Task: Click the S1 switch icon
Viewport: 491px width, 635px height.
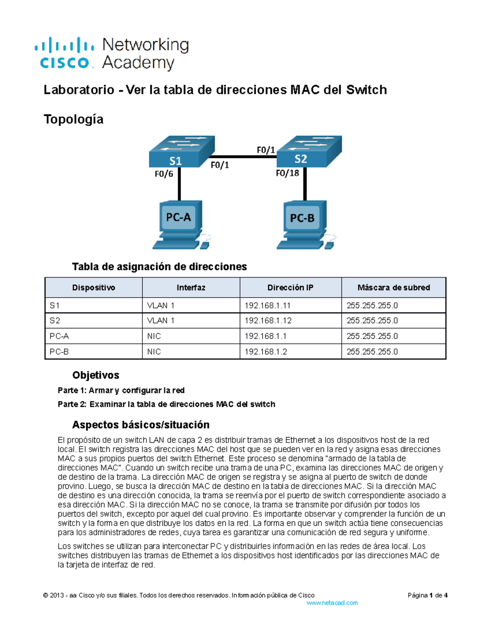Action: click(x=181, y=152)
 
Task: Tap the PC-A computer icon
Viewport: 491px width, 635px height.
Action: click(x=179, y=224)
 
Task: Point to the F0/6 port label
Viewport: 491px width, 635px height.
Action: click(x=164, y=174)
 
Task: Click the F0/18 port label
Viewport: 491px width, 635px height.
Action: click(x=287, y=173)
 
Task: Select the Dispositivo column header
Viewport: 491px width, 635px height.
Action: click(x=93, y=287)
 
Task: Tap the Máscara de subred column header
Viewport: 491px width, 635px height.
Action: click(x=393, y=287)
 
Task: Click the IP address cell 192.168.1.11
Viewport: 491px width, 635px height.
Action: click(x=267, y=305)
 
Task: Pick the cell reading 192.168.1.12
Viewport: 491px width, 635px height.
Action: click(x=268, y=321)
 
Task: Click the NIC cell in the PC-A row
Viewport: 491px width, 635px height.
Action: click(x=154, y=336)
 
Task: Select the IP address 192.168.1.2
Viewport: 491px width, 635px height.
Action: click(x=266, y=352)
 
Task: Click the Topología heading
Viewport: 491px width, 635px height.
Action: click(x=73, y=119)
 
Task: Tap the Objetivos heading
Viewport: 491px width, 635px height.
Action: click(x=96, y=375)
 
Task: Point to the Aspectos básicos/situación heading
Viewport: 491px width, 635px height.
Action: click(x=140, y=425)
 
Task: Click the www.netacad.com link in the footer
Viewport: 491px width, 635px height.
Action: click(x=332, y=603)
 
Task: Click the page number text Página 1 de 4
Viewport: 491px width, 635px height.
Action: click(x=427, y=595)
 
